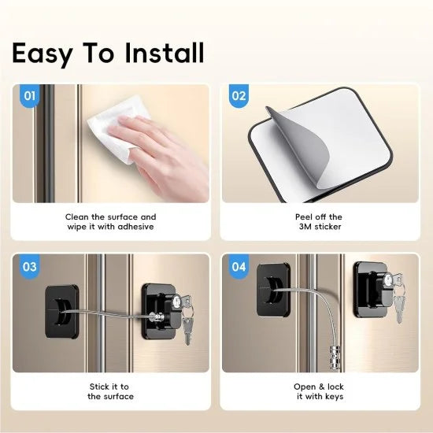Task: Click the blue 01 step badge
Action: pyautogui.click(x=30, y=97)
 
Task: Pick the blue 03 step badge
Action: pyautogui.click(x=30, y=267)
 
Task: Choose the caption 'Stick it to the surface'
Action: pyautogui.click(x=110, y=391)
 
